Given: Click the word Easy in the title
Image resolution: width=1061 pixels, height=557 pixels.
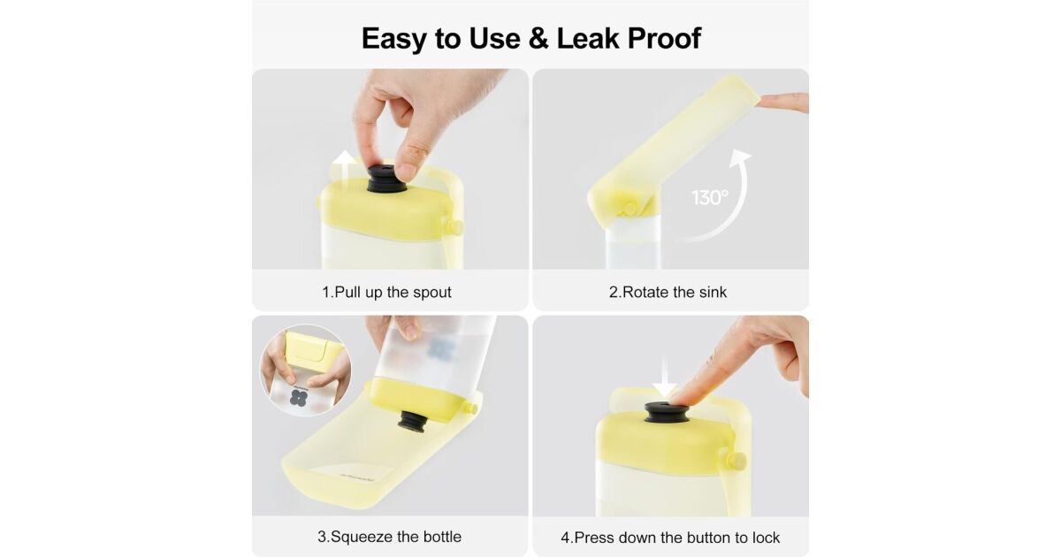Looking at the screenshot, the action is pos(394,39).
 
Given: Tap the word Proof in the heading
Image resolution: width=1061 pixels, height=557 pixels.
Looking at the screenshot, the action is pos(665,38).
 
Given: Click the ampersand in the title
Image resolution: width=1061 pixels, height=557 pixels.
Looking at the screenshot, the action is pos(538,38).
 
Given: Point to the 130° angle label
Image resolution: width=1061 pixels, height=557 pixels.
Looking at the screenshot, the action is pos(709,197).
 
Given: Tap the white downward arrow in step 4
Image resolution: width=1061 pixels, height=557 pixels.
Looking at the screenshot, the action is pos(665,378).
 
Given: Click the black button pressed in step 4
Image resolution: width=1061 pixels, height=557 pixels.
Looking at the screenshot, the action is pos(666,413).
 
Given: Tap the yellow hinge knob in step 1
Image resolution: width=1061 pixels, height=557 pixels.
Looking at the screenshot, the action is pos(456,226).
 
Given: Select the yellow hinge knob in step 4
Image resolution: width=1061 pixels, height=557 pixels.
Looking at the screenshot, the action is pos(737,461).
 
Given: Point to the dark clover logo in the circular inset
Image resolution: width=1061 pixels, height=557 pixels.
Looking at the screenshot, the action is pos(299,397).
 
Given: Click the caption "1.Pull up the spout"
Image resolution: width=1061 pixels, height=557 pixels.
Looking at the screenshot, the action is pos(386,292).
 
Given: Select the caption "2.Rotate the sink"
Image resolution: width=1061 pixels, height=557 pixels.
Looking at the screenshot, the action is pos(668,292).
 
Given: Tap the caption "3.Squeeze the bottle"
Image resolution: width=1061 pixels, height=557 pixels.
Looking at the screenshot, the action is pos(389,537).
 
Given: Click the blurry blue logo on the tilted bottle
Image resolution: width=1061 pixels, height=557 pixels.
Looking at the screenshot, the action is pos(441,349).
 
